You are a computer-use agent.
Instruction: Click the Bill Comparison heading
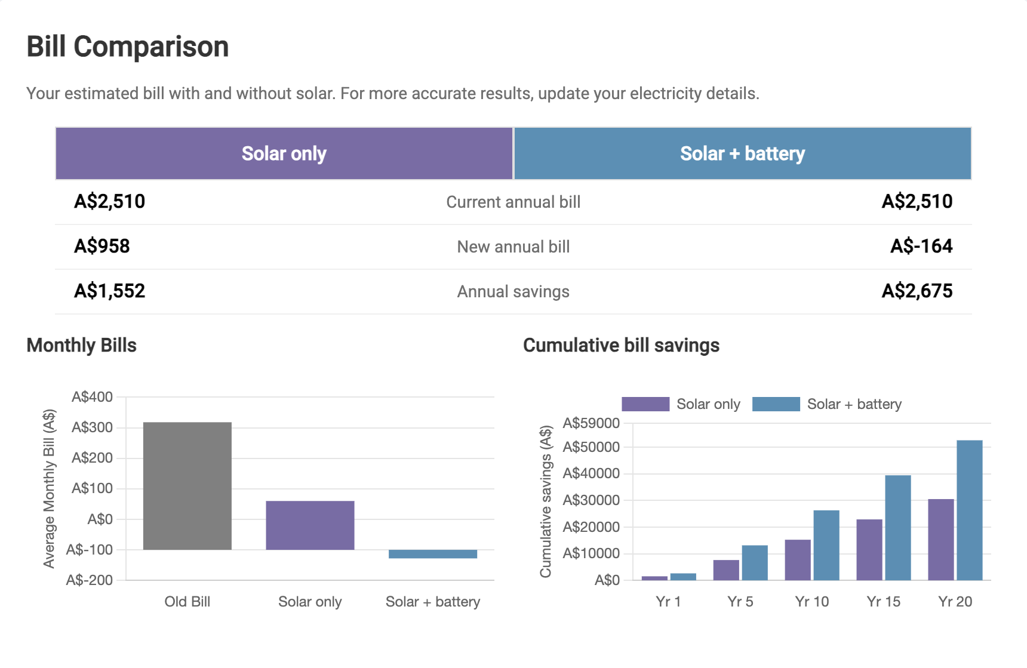click(127, 47)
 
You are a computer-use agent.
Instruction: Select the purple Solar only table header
click(284, 153)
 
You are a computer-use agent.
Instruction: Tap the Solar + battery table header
click(742, 153)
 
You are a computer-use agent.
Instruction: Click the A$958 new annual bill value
click(102, 246)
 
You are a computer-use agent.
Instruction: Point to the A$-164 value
click(921, 246)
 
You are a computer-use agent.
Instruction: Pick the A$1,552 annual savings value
click(110, 291)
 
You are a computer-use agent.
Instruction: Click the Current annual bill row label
click(513, 202)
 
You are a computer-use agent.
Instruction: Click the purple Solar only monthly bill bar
click(310, 525)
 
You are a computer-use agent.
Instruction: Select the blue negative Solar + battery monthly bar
click(432, 554)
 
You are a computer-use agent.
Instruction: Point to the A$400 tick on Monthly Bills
click(92, 397)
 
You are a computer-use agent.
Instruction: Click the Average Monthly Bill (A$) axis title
click(49, 488)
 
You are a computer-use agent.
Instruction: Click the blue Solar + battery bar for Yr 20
click(969, 510)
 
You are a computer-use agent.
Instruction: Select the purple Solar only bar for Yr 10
click(798, 559)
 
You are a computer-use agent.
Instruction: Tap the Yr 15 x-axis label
click(883, 601)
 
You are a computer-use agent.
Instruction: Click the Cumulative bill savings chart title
click(621, 345)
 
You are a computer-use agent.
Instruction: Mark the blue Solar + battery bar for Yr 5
click(755, 562)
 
